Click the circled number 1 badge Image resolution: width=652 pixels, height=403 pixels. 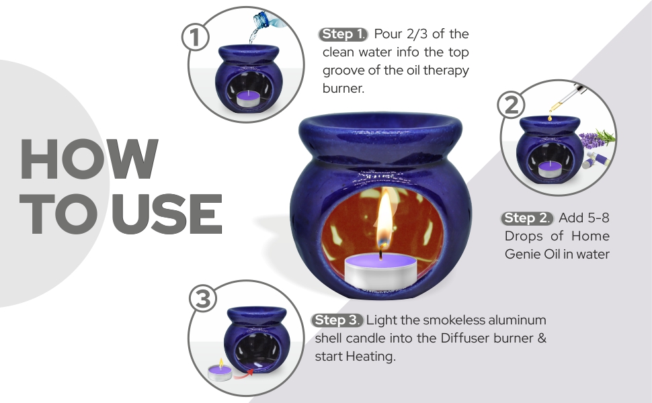coord(196,38)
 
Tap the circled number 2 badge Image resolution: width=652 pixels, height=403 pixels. coord(510,105)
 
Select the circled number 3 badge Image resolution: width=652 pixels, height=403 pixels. coord(202,300)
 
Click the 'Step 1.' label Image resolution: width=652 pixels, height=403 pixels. coord(343,34)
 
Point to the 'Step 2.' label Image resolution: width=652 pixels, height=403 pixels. coord(528,218)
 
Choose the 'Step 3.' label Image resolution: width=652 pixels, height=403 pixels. coord(339,320)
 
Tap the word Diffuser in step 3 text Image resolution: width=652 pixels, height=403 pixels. coord(468,338)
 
